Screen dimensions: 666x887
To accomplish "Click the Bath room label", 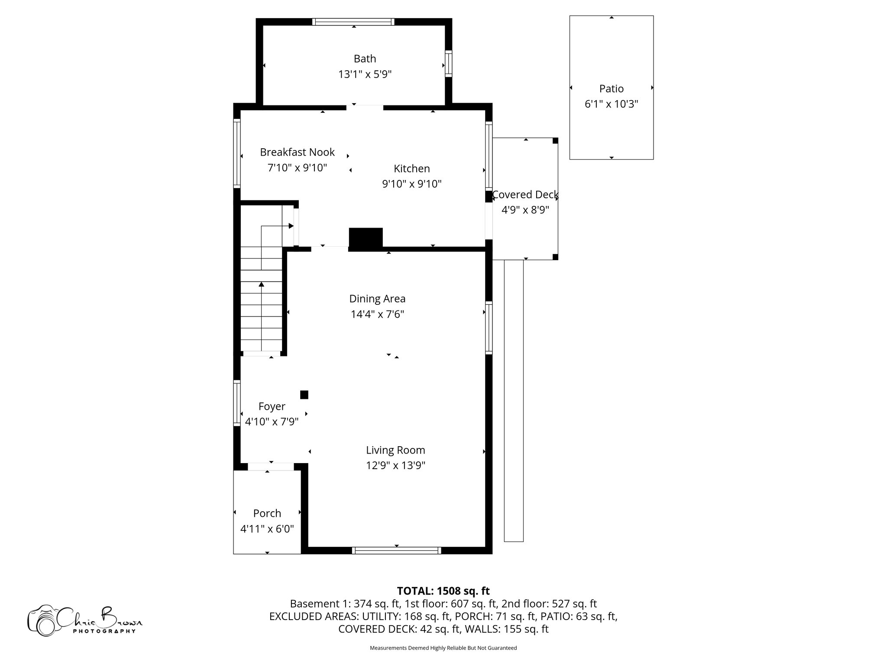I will coord(365,59).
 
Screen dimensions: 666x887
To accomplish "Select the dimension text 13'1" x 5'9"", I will coord(365,75).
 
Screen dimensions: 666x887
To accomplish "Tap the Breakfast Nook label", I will coord(297,152).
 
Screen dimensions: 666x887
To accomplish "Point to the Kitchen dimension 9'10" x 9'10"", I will coord(411,184).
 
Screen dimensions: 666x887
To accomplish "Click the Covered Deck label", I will coord(525,195).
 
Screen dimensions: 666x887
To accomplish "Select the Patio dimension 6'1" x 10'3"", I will coord(611,104).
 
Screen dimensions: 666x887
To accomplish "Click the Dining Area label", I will coord(377,299).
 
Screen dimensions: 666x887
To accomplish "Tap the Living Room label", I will coord(395,450).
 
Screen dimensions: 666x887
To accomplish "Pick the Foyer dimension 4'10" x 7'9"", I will coord(272,422).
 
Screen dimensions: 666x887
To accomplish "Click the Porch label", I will coord(267,513).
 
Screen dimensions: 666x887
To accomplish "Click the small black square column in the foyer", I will coord(304,395).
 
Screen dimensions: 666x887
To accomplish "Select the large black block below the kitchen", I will coord(366,238).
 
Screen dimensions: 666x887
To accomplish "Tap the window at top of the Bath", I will coord(353,22).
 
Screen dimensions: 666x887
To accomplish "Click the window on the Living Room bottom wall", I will coord(396,550).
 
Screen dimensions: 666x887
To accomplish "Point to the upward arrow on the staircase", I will coord(261,285).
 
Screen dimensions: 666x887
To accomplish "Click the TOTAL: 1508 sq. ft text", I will coord(443,591).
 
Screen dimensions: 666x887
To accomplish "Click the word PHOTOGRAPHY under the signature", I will coord(104,631).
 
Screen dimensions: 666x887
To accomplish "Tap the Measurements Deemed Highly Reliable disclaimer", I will coord(443,648).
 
